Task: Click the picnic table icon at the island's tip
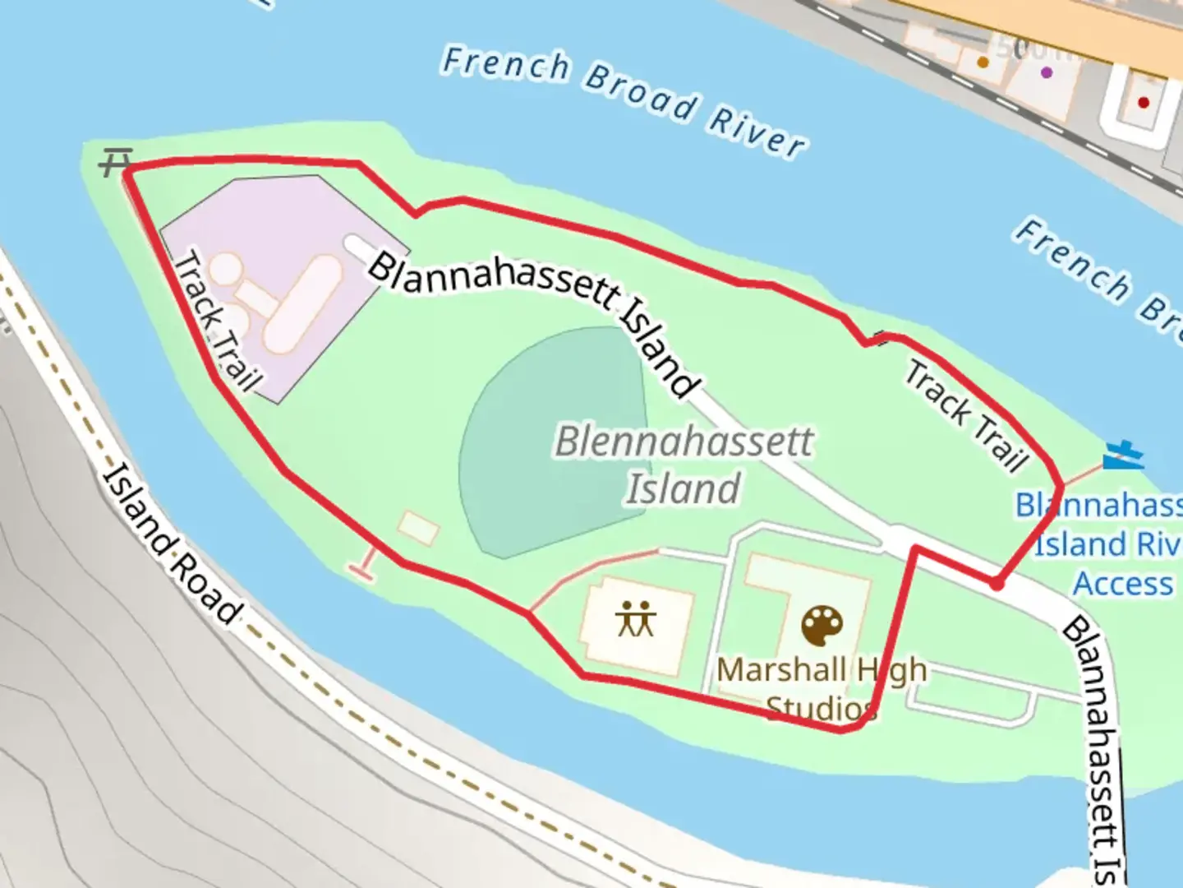tap(116, 162)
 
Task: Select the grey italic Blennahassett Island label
tap(684, 465)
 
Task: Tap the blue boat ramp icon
tap(1123, 455)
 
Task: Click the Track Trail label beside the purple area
tap(215, 321)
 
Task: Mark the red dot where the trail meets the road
tap(997, 584)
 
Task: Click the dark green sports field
tap(550, 444)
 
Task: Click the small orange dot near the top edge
tap(983, 62)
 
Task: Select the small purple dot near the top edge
tap(1046, 72)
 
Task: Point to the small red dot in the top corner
tap(1143, 102)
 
